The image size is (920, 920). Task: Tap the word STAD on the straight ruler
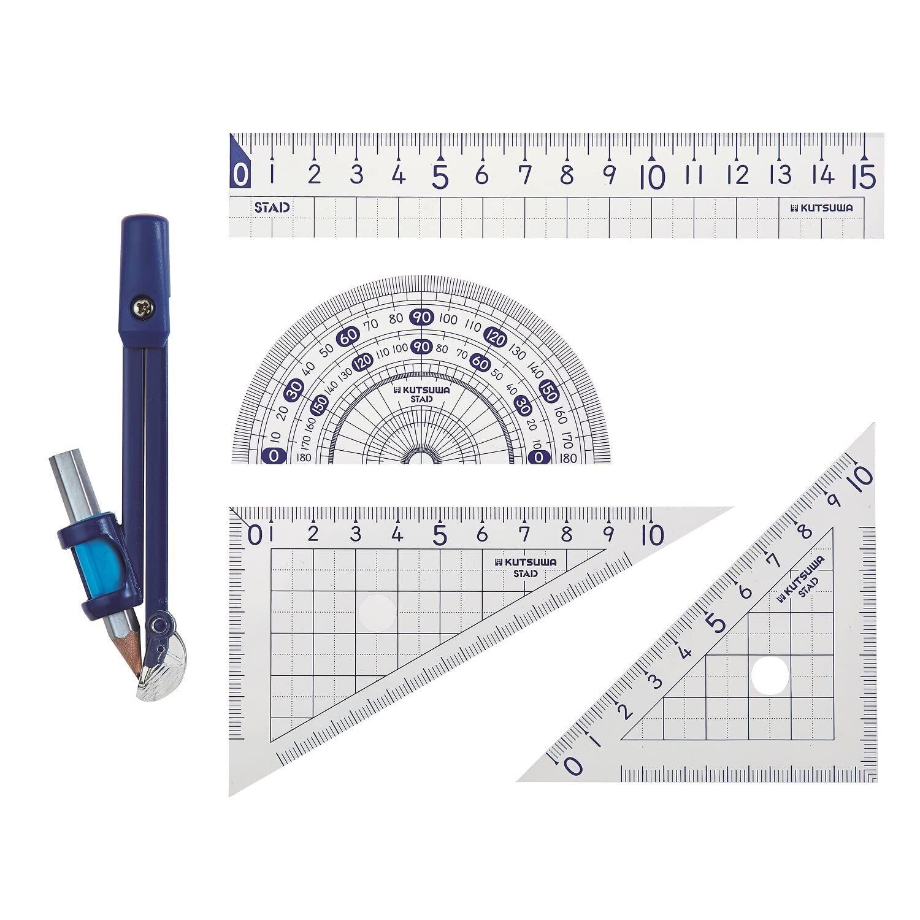click(x=272, y=207)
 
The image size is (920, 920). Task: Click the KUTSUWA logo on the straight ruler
click(x=822, y=208)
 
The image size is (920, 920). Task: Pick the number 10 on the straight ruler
click(x=654, y=177)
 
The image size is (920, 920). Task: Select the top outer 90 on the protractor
click(x=423, y=318)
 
